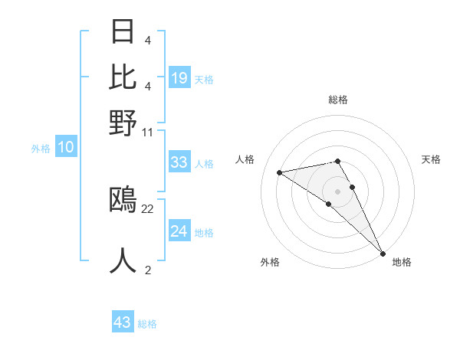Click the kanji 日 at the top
(123, 32)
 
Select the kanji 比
(123, 77)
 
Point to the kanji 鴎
(123, 199)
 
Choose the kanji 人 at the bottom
(123, 260)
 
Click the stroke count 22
(148, 208)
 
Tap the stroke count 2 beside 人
(148, 270)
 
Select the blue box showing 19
(179, 77)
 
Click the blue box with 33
(179, 162)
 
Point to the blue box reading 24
(179, 231)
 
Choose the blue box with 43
(122, 322)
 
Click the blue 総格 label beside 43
(147, 324)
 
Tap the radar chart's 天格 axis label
(431, 159)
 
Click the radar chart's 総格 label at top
(338, 100)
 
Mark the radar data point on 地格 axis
(383, 252)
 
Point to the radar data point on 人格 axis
(280, 172)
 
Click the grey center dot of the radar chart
(338, 191)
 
